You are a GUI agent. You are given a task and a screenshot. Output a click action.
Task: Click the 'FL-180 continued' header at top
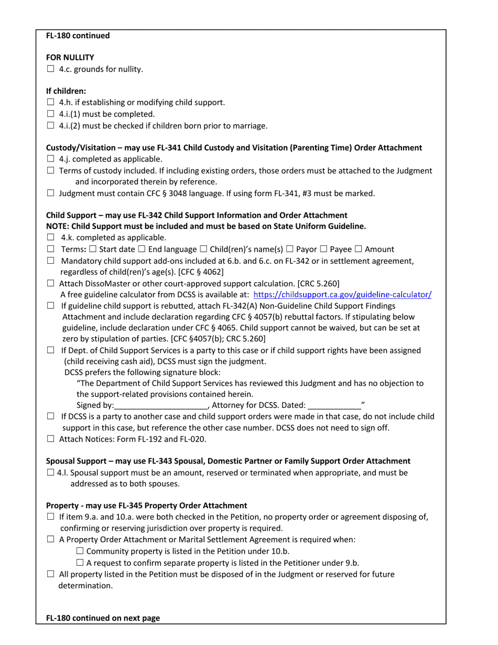pos(78,36)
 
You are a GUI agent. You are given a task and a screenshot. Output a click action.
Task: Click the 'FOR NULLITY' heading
pos(70,57)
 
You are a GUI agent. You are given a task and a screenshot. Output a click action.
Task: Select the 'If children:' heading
pos(66,91)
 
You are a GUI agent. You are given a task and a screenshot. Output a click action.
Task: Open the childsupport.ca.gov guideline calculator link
pos(342,295)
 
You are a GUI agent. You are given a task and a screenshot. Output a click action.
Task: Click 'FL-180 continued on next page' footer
pos(103,618)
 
